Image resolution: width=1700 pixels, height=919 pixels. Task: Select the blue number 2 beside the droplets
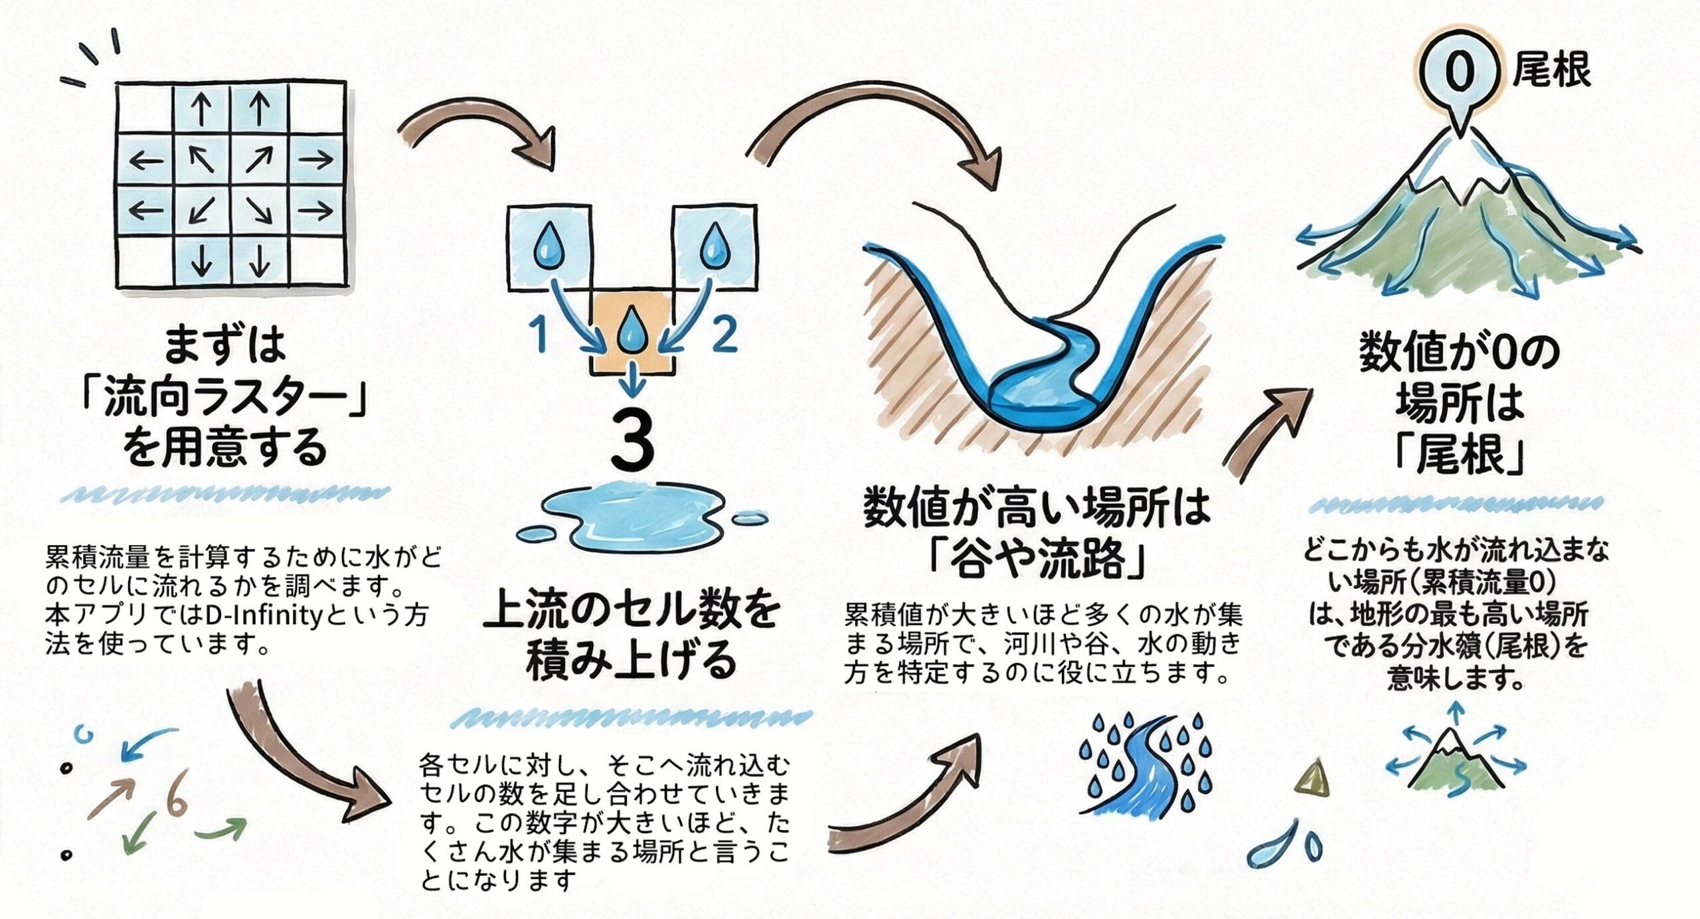(723, 333)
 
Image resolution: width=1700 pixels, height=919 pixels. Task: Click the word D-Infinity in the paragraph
(264, 614)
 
